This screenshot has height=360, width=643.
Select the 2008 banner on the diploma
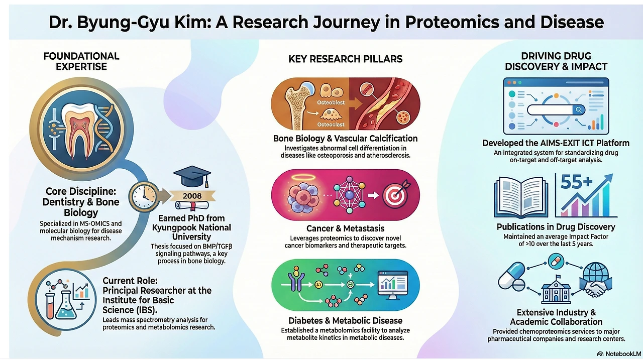pos(192,196)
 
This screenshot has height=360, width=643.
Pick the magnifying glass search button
pos(579,110)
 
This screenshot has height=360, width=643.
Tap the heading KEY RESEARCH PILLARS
pos(345,59)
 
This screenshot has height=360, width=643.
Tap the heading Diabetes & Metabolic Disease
pos(345,320)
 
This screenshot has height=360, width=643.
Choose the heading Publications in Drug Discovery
pos(556,227)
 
